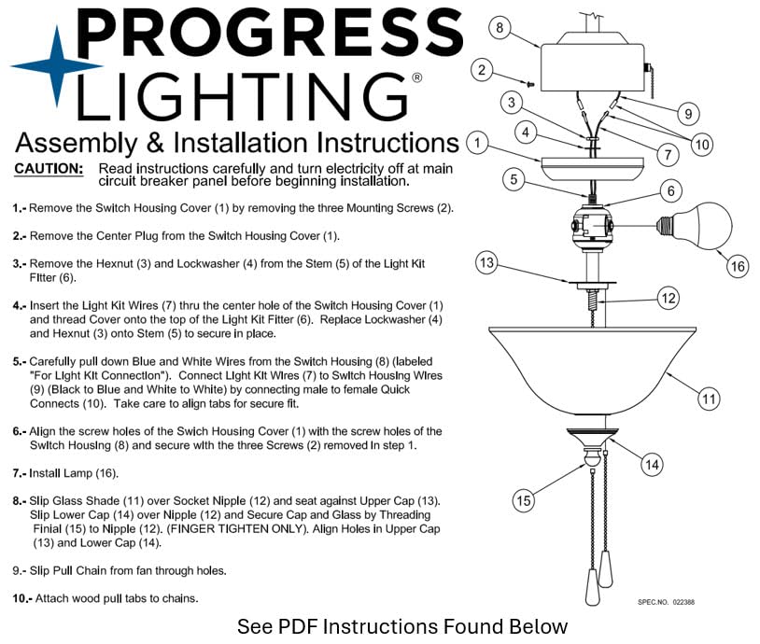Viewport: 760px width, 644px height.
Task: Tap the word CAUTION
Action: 49,169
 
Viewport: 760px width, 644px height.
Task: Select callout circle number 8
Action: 500,28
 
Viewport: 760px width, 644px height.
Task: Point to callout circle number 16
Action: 738,266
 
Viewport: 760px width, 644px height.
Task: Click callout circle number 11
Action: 710,399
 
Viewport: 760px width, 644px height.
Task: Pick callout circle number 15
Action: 524,500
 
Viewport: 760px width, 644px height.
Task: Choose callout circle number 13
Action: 486,262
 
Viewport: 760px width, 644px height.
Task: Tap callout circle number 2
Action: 482,69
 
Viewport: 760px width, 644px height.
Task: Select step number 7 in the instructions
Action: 19,473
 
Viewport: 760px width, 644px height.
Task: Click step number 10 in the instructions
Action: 21,597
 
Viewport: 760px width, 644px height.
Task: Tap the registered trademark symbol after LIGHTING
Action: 416,77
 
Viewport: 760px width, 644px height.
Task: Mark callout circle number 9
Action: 687,114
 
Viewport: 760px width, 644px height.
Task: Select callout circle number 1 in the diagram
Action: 477,143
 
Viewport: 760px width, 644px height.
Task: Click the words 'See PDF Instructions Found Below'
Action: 401,626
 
